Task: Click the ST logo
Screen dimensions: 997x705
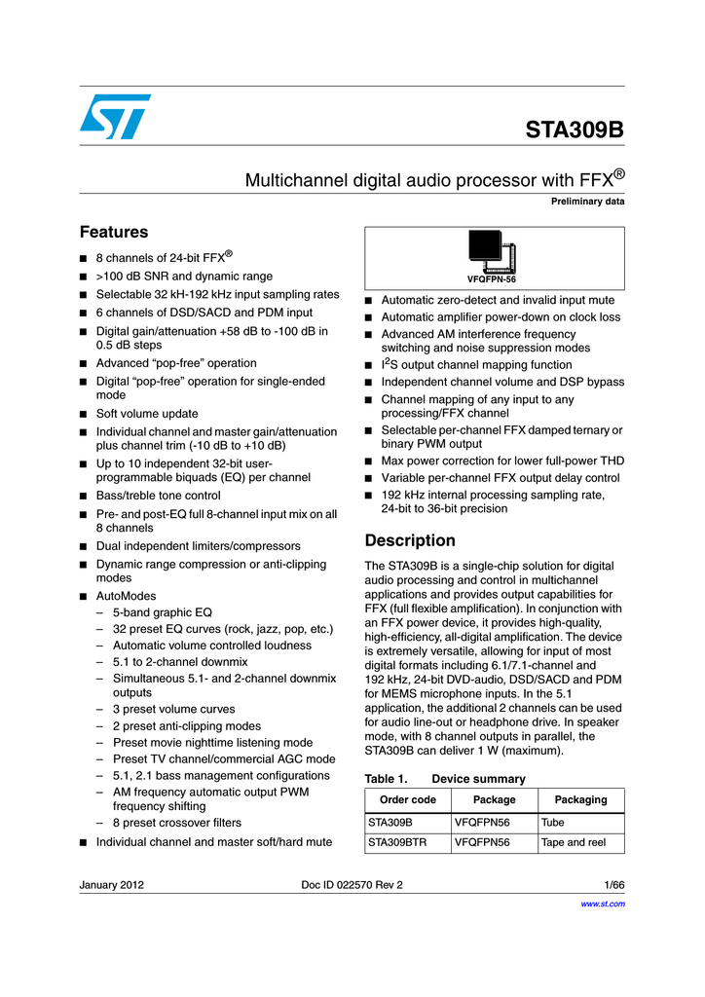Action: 116,117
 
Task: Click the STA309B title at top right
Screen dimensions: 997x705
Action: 575,130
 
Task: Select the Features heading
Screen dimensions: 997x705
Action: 113,232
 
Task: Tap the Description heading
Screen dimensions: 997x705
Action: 409,540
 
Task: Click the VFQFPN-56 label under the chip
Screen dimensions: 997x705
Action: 492,279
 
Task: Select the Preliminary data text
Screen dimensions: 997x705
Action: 587,202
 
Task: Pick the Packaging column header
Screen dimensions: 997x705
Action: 580,799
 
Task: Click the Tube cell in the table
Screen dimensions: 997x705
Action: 552,822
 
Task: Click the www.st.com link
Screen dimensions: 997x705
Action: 602,904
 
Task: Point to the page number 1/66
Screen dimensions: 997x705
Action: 613,884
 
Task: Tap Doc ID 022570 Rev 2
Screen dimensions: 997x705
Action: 352,884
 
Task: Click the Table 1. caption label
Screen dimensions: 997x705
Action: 383,779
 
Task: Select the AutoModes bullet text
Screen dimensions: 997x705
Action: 126,596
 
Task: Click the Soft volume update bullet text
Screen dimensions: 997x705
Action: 147,414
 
